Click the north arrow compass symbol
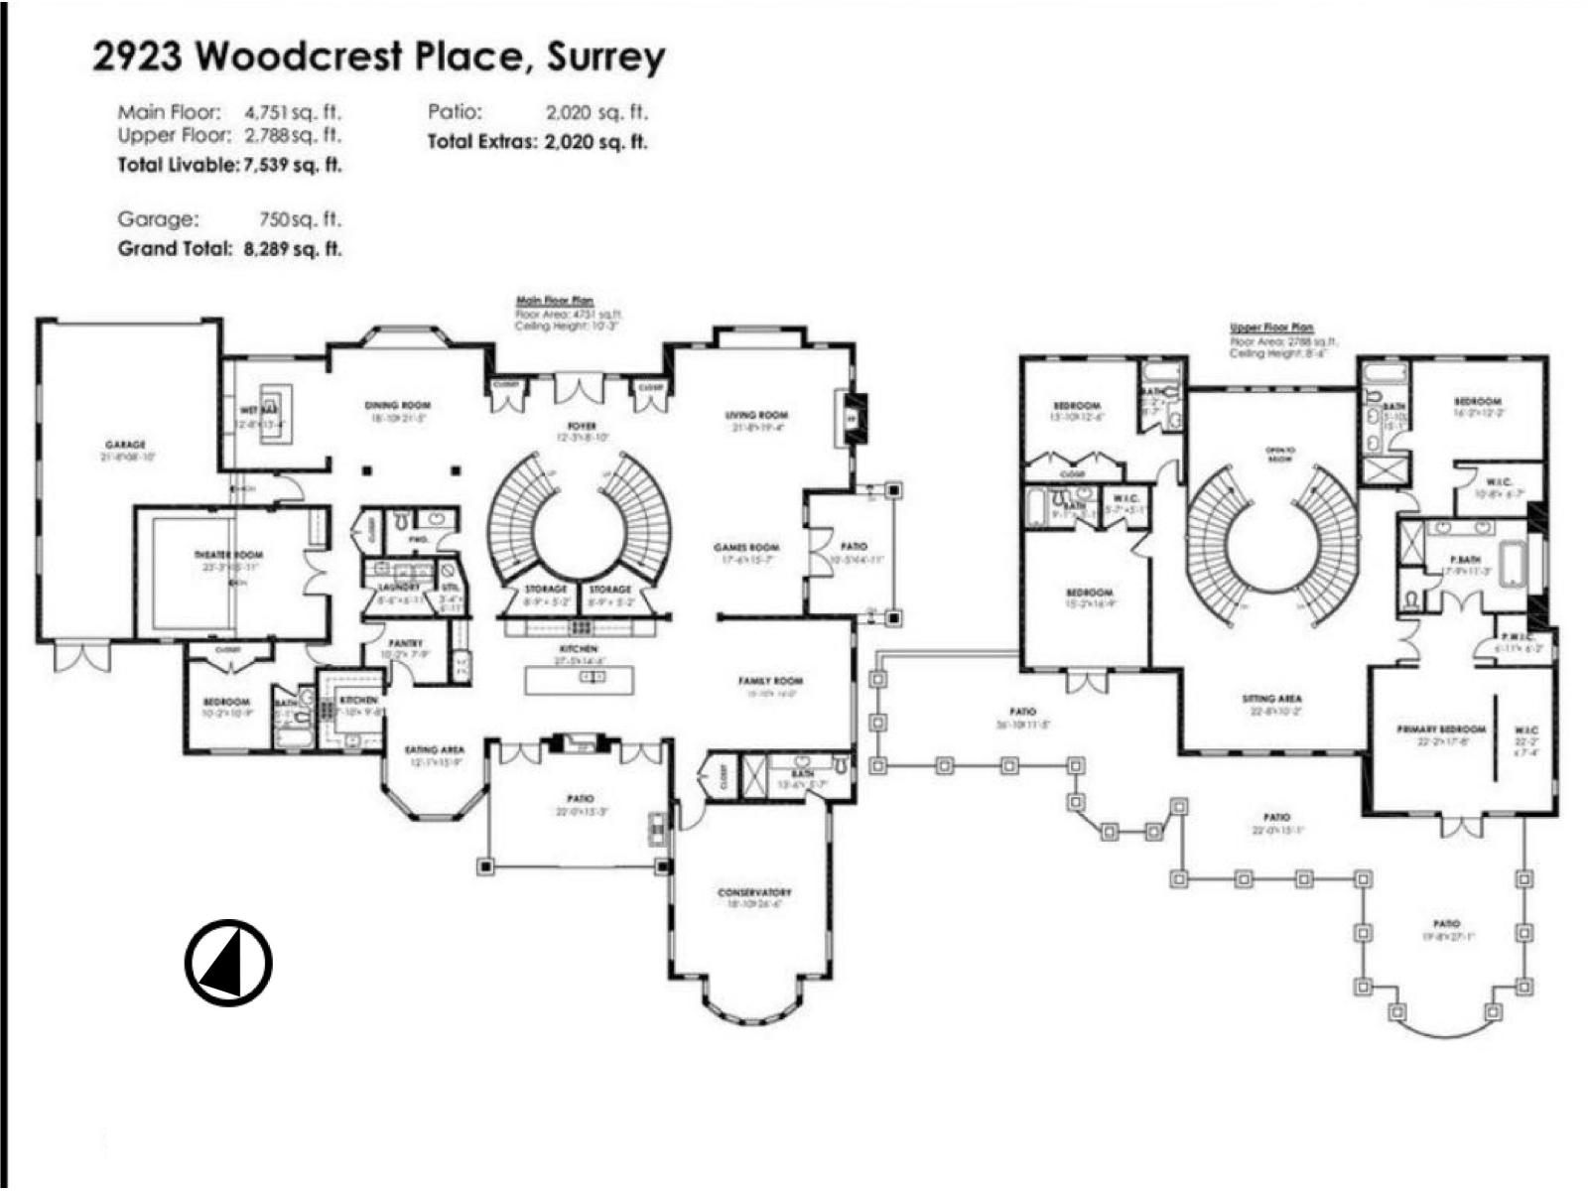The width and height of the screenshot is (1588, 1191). click(x=228, y=963)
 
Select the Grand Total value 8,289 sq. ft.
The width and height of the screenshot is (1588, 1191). click(x=293, y=249)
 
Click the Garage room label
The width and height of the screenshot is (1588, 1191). click(x=125, y=445)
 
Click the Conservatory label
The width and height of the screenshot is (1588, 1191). click(x=754, y=892)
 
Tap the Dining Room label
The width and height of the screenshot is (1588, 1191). click(x=397, y=405)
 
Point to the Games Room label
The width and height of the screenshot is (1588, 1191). click(x=746, y=548)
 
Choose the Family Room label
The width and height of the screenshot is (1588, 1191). click(x=770, y=681)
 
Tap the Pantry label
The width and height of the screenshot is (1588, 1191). click(x=405, y=643)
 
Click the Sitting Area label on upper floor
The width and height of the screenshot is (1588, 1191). click(x=1271, y=699)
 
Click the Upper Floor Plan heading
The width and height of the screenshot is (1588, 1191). click(x=1271, y=327)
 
